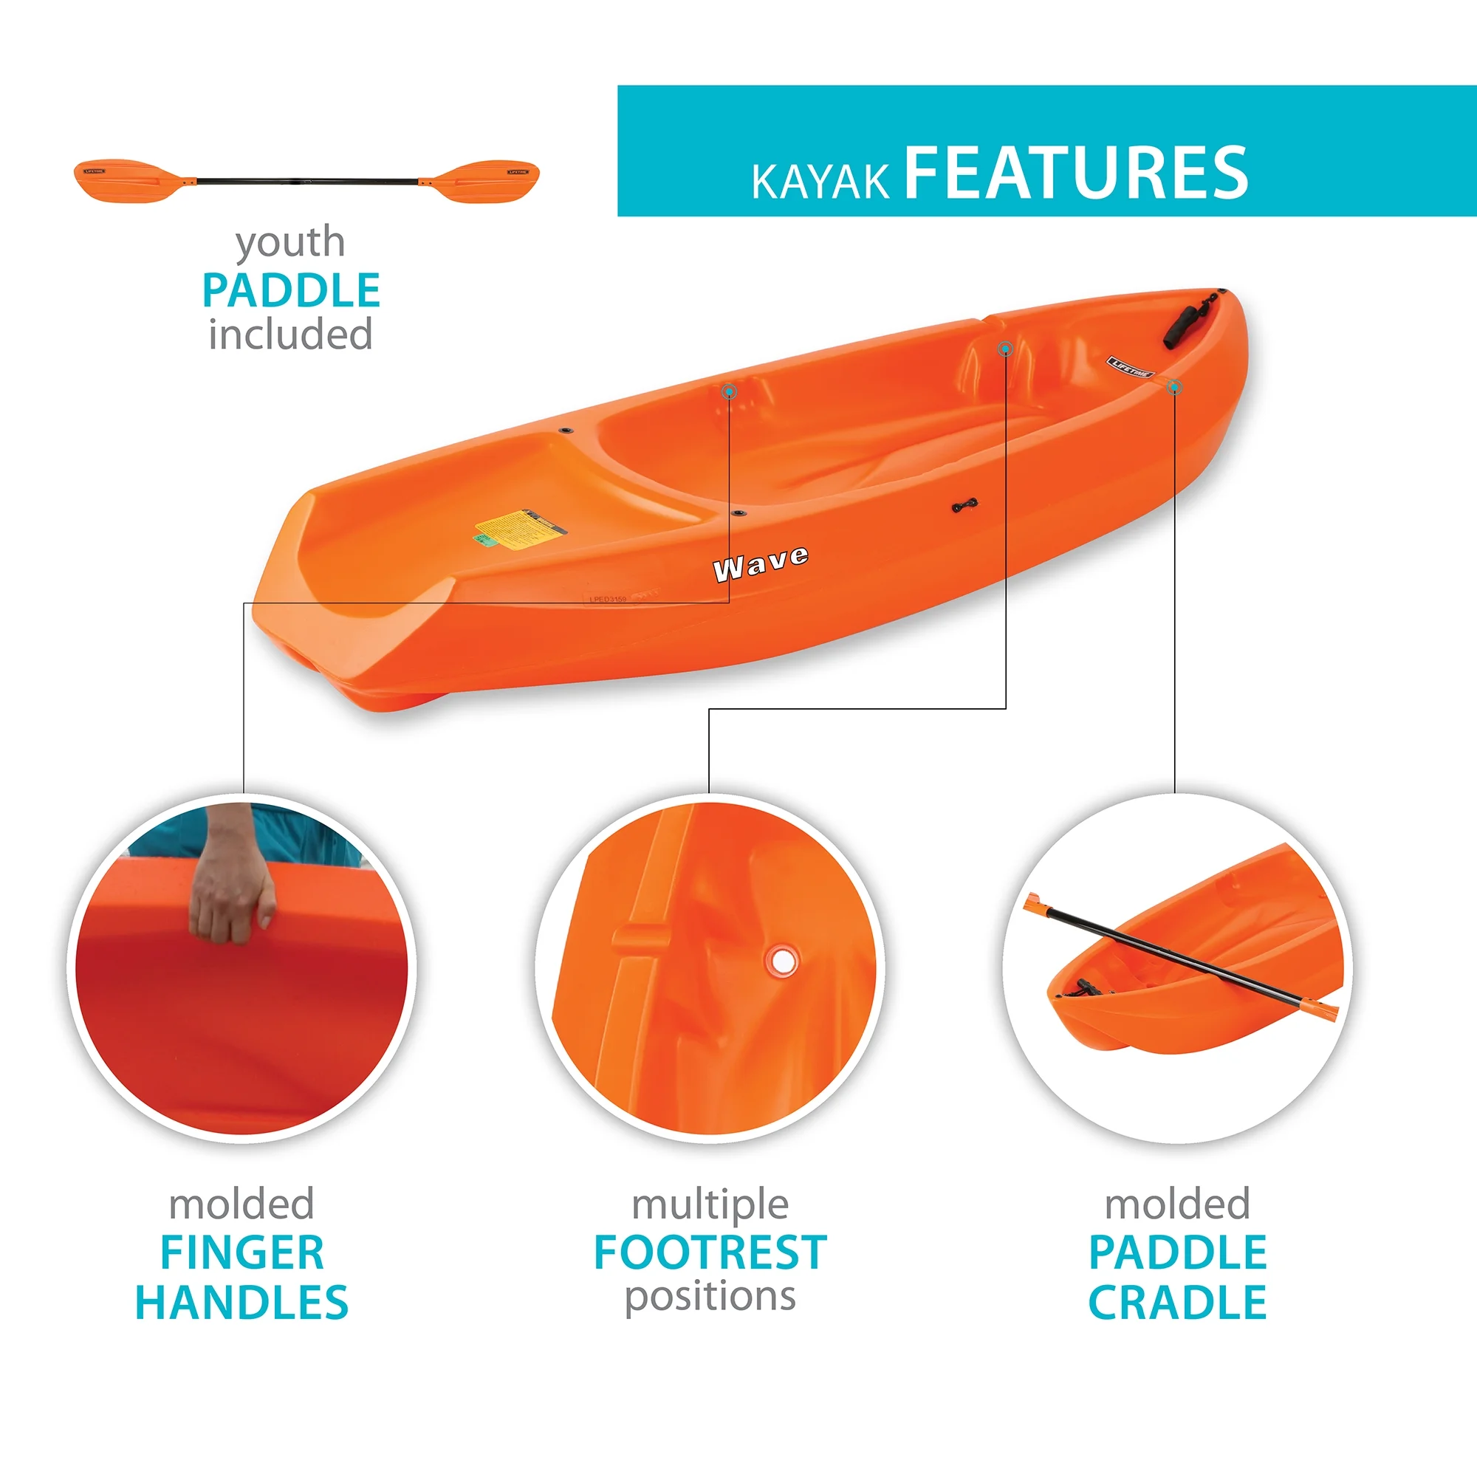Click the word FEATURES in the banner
point(1076,174)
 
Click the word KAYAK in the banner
point(820,182)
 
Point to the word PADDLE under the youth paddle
point(290,290)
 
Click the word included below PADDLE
point(290,335)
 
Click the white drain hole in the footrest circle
point(782,960)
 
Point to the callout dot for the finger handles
point(730,391)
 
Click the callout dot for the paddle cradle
point(1174,388)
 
